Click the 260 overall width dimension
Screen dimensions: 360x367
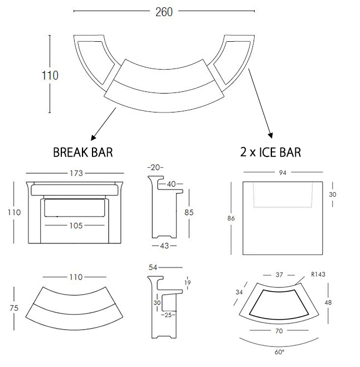click(x=164, y=12)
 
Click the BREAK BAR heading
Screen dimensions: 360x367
click(x=83, y=153)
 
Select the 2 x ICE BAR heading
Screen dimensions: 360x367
click(x=270, y=152)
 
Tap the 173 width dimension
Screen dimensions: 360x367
click(x=76, y=173)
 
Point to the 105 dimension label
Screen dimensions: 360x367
click(x=76, y=226)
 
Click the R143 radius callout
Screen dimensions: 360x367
click(x=318, y=275)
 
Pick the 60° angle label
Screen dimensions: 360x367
click(x=279, y=352)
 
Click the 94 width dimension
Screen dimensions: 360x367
click(x=283, y=173)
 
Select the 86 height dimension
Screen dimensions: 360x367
click(x=231, y=218)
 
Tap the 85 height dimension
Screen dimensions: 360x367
click(x=189, y=212)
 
